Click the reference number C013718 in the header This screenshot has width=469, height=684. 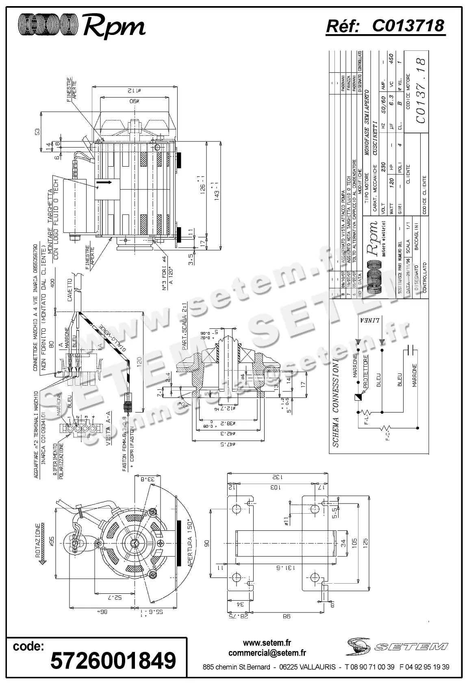coord(408,26)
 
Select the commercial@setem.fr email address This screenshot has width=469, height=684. coord(267,653)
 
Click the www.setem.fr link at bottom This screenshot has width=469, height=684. coord(267,643)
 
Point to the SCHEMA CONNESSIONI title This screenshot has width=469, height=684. coord(335,403)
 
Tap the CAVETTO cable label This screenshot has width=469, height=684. coord(70,291)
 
